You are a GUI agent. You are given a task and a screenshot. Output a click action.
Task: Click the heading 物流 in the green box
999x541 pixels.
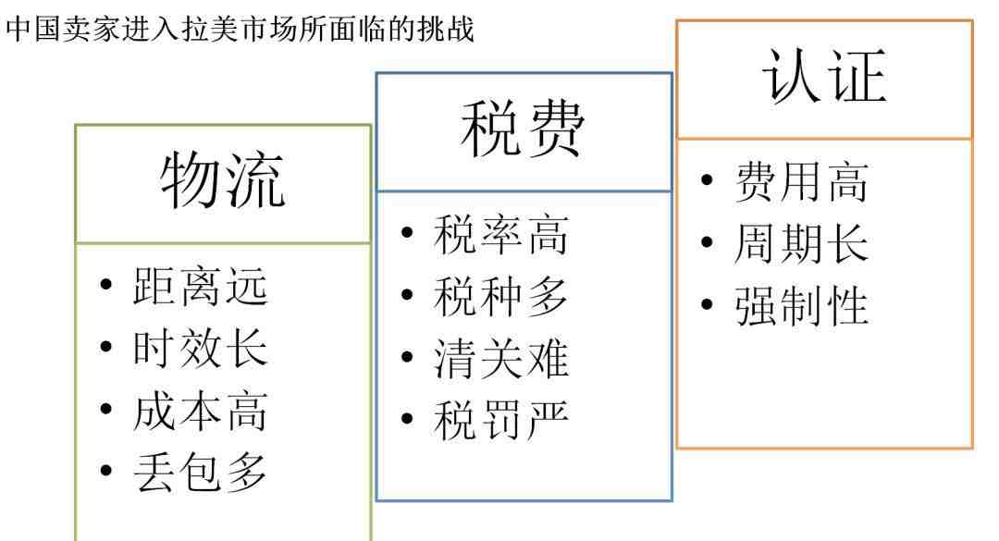[222, 180]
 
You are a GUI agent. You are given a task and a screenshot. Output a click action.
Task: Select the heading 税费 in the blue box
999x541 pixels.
[523, 129]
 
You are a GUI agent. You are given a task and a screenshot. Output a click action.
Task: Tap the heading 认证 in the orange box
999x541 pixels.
[824, 76]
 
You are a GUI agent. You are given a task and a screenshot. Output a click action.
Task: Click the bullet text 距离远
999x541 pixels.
[200, 286]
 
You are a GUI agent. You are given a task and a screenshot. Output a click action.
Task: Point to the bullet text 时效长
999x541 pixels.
[200, 348]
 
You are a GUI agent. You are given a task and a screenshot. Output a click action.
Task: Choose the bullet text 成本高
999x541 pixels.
[200, 411]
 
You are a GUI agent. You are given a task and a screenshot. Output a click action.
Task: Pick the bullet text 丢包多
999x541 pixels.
[200, 473]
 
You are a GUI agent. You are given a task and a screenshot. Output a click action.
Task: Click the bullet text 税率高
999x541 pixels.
[500, 235]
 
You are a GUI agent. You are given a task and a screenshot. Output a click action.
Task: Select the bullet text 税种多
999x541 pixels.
[500, 296]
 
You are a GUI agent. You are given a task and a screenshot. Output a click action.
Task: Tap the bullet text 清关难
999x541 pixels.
[500, 358]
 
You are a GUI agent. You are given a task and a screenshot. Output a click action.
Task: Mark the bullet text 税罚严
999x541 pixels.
[500, 420]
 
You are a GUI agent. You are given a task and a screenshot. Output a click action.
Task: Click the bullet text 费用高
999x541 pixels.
[801, 181]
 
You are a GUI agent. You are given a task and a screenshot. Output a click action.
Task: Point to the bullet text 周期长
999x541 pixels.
[801, 243]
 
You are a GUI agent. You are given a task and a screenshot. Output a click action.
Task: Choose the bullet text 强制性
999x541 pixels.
[801, 306]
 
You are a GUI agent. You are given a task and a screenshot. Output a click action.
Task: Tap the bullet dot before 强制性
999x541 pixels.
[707, 304]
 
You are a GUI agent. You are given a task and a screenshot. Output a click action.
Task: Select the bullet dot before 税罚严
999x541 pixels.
[408, 418]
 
